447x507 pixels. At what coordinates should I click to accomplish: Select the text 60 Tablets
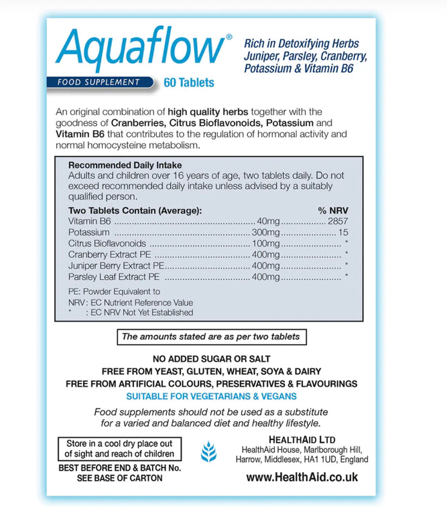coord(189,83)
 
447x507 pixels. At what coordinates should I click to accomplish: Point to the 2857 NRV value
coord(337,221)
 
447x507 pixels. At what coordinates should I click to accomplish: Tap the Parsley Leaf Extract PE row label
coord(115,276)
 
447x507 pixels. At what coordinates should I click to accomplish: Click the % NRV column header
coord(333,210)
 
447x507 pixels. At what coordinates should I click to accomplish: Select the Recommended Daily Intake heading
coord(125,165)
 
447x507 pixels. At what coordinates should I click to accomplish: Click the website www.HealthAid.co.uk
coord(302,477)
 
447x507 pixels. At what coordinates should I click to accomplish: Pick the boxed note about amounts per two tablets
coord(210,336)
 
